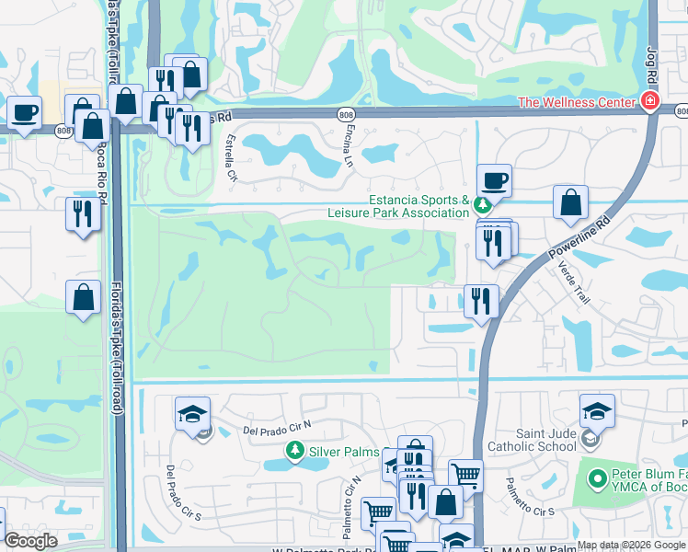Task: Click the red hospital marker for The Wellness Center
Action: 650,101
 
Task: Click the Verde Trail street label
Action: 572,282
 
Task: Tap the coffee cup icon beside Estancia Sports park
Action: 495,180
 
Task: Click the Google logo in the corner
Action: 31,541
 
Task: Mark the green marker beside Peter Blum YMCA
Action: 594,477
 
